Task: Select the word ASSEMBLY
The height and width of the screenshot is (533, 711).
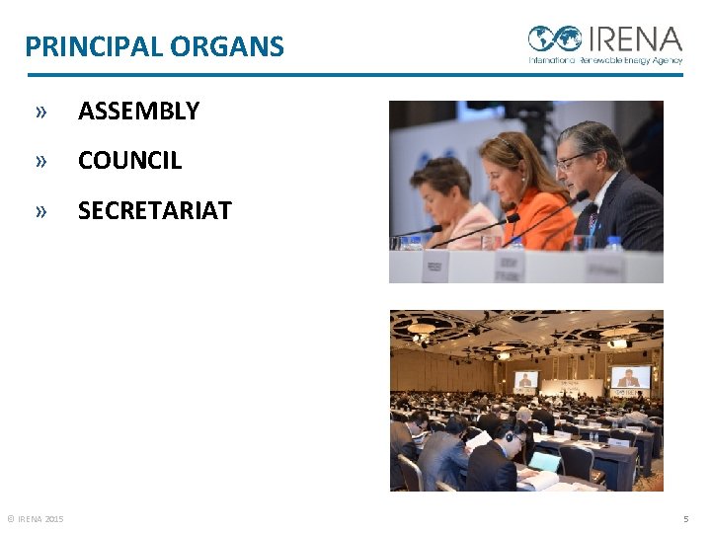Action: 138,112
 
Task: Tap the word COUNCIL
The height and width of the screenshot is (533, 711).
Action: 129,161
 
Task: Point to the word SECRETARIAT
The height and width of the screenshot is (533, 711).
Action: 154,210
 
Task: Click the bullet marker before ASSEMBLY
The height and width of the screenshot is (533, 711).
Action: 40,112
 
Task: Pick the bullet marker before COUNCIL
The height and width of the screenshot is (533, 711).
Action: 40,161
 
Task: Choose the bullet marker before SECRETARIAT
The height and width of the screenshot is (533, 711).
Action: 40,210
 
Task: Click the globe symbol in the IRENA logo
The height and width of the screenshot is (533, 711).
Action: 554,38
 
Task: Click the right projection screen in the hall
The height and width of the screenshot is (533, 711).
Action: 630,376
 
